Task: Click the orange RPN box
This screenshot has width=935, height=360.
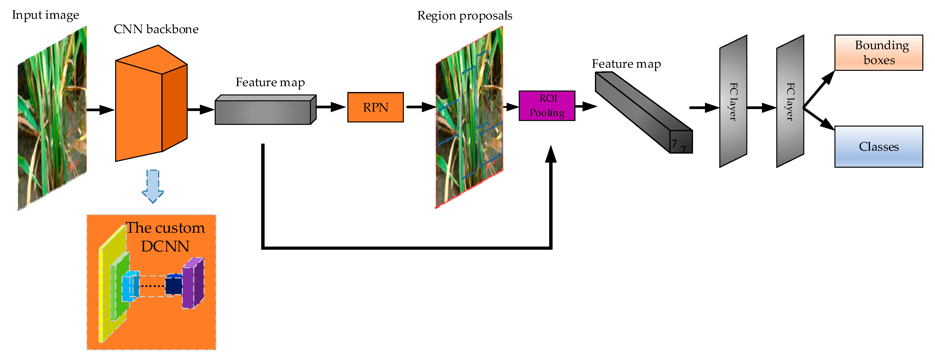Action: [x=375, y=107]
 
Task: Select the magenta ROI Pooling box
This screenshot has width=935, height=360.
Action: [x=547, y=106]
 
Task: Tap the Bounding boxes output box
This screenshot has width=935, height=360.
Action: [x=878, y=53]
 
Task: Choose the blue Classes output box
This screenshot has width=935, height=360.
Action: [x=878, y=147]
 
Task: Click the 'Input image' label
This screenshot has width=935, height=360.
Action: [x=45, y=15]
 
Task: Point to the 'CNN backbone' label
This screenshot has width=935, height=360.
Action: [x=156, y=29]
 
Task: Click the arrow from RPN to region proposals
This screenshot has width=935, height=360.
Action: [x=421, y=107]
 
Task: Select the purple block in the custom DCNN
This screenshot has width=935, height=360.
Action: [x=193, y=283]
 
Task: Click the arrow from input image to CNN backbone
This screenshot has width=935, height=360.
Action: [x=101, y=110]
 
